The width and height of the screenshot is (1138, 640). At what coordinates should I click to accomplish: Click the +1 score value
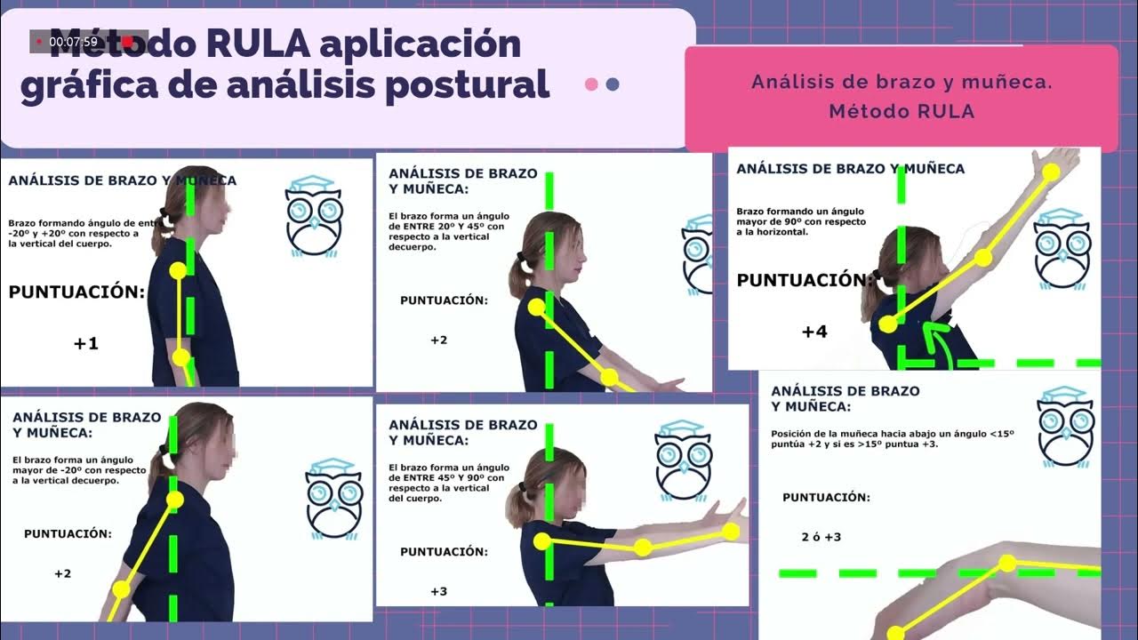86,343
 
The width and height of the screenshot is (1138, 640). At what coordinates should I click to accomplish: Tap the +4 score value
814,332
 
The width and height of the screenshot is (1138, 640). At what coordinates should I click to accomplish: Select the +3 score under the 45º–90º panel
439,591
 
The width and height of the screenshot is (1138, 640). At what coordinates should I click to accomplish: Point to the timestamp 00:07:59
73,41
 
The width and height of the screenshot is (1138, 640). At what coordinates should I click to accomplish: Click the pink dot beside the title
591,84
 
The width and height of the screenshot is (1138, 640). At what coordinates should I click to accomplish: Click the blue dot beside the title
612,84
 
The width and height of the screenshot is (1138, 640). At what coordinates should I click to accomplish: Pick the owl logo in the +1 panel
314,216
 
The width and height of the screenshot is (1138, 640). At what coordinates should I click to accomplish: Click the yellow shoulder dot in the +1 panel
178,270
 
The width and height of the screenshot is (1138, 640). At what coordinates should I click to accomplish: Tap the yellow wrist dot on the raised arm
1051,172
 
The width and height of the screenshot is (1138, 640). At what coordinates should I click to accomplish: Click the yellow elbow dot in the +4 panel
982,258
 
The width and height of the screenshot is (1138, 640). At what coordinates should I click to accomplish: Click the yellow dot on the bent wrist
1006,563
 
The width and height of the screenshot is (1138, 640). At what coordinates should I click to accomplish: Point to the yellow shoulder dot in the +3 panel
542,540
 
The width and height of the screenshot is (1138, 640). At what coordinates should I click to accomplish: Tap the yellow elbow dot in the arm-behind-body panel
122,588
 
